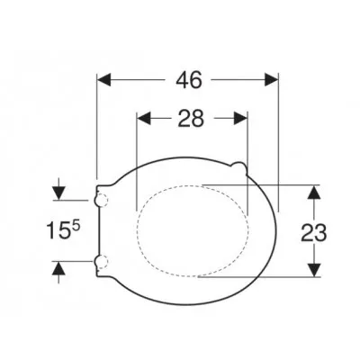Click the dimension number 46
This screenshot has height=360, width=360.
pyautogui.click(x=189, y=80)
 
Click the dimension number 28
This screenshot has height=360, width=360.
pyautogui.click(x=191, y=118)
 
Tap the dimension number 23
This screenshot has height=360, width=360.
pyautogui.click(x=314, y=233)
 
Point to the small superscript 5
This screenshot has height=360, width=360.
pyautogui.click(x=76, y=226)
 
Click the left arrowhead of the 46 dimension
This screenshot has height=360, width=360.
pyautogui.click(x=104, y=80)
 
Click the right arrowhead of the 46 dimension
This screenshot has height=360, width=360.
pyautogui.click(x=271, y=80)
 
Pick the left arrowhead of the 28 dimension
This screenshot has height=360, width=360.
pyautogui.click(x=144, y=118)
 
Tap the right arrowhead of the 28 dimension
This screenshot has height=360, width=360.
pyautogui.click(x=240, y=118)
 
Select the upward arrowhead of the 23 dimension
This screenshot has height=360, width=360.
pyautogui.click(x=314, y=192)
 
